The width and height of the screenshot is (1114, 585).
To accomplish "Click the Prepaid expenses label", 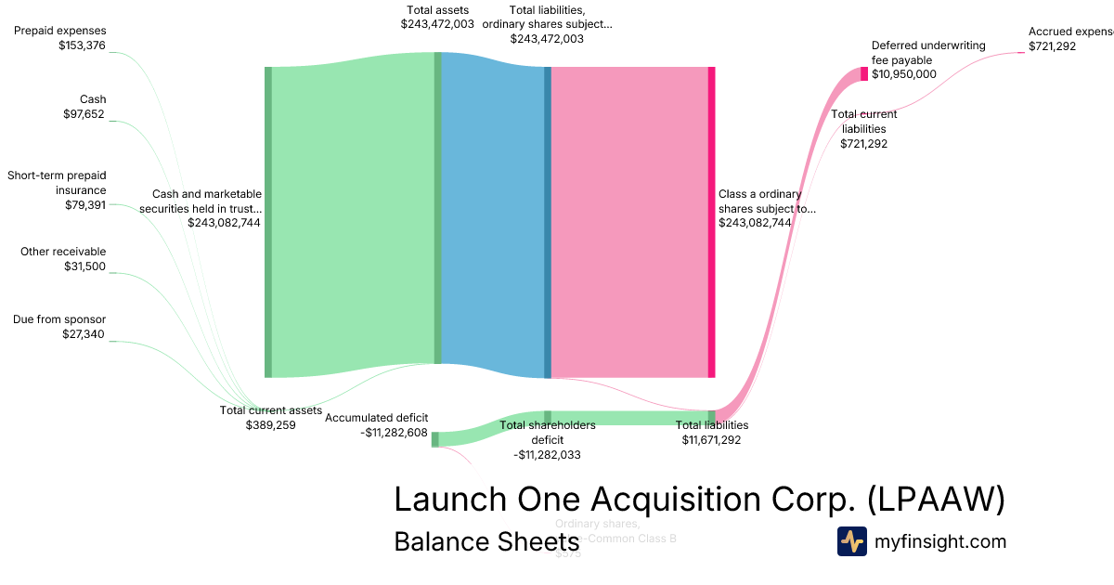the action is pyautogui.click(x=60, y=31).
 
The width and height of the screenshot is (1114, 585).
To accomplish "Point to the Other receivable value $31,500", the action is pyautogui.click(x=84, y=266).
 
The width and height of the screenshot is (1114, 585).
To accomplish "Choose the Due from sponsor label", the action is pyautogui.click(x=59, y=319).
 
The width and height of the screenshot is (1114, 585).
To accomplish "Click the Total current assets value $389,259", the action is pyautogui.click(x=270, y=424).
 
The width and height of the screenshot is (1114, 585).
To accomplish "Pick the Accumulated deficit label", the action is pyautogui.click(x=376, y=418).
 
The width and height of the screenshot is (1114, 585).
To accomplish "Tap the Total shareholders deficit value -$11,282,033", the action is pyautogui.click(x=547, y=454).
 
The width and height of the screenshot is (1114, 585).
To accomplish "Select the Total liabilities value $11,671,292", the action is pyautogui.click(x=711, y=439).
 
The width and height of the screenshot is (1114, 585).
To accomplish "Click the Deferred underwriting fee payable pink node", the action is pyautogui.click(x=863, y=74).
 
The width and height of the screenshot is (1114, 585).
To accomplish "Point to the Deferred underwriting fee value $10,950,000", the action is pyautogui.click(x=903, y=74).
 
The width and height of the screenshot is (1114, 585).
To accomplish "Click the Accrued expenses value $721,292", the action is pyautogui.click(x=1052, y=45).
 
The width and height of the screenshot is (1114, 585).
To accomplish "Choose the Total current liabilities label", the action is pyautogui.click(x=863, y=122).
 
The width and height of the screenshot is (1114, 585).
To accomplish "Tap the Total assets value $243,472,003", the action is pyautogui.click(x=437, y=24).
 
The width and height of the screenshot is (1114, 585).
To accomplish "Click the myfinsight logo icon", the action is pyautogui.click(x=851, y=541).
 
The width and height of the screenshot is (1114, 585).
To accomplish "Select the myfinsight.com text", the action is pyautogui.click(x=940, y=541).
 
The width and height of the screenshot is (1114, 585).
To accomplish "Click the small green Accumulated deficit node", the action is pyautogui.click(x=434, y=439).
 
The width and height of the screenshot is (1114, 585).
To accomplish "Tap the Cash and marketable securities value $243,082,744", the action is pyautogui.click(x=224, y=222).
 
